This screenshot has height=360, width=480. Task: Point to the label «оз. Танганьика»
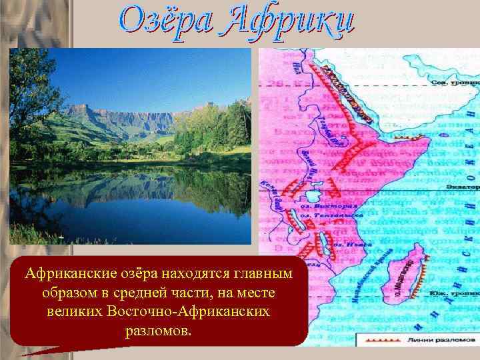pos(331,215)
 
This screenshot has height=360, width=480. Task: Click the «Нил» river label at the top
pos(295,66)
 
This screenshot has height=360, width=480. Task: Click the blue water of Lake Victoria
pos(313,197)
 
